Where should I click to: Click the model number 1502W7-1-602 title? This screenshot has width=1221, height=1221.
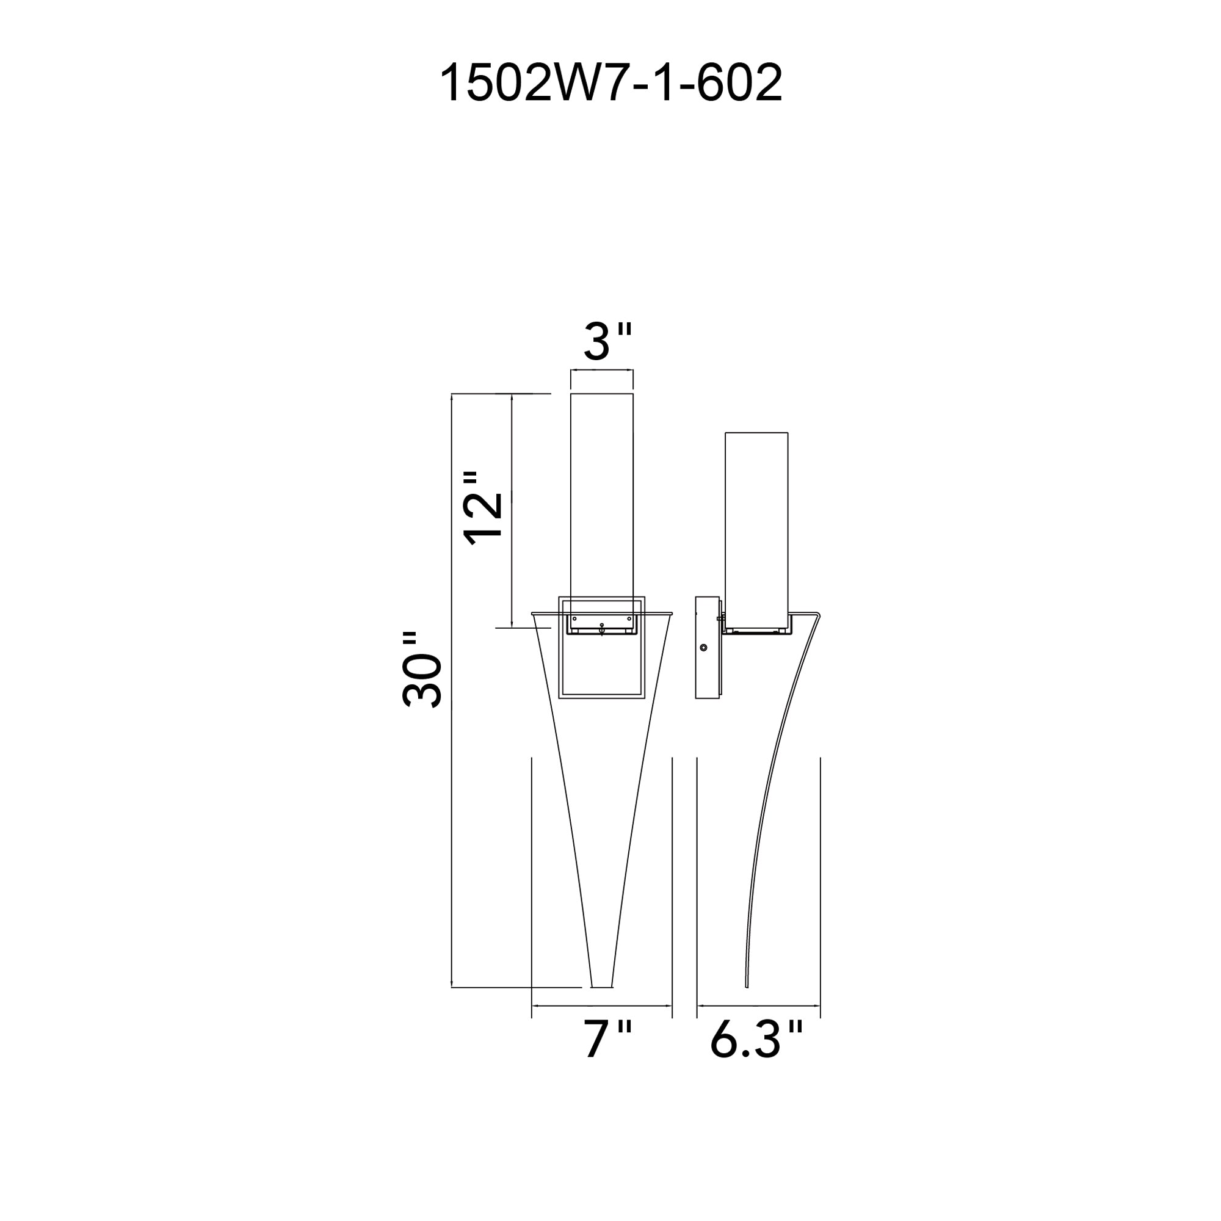coord(610,84)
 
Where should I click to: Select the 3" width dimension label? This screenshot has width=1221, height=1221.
coord(607,342)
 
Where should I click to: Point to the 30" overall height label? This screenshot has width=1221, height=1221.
coord(422,670)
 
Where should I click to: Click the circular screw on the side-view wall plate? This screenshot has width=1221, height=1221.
coord(704,648)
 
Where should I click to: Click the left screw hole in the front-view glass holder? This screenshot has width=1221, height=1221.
coord(574,618)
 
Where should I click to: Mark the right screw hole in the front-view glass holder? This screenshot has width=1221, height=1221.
coord(629,618)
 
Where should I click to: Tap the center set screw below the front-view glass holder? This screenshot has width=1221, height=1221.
coord(602,628)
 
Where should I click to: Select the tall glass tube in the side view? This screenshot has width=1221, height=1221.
coord(756,524)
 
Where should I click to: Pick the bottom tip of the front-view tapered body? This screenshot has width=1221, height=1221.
coord(601,1004)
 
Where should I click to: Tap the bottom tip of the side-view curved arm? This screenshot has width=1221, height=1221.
coord(747,1003)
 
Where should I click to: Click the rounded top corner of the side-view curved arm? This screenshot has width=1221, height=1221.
coord(818,614)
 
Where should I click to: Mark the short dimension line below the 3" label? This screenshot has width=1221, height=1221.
coord(602,371)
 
